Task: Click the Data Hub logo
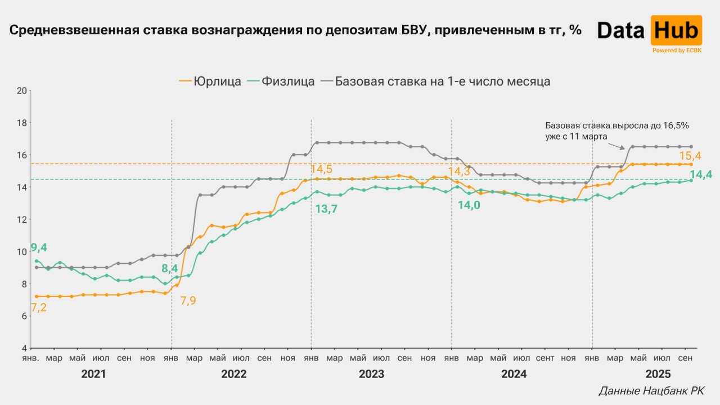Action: (x=649, y=31)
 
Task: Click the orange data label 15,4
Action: (x=691, y=156)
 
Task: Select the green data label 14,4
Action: (x=700, y=175)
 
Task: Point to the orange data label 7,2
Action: (x=38, y=308)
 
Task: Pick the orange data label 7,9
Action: (x=188, y=300)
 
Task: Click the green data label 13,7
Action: (x=326, y=209)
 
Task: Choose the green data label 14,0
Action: (x=469, y=205)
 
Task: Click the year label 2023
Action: (x=371, y=374)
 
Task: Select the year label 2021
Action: (x=93, y=374)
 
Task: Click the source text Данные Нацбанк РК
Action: (x=651, y=390)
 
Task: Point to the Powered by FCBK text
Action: (x=676, y=51)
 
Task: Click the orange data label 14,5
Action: (x=321, y=169)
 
